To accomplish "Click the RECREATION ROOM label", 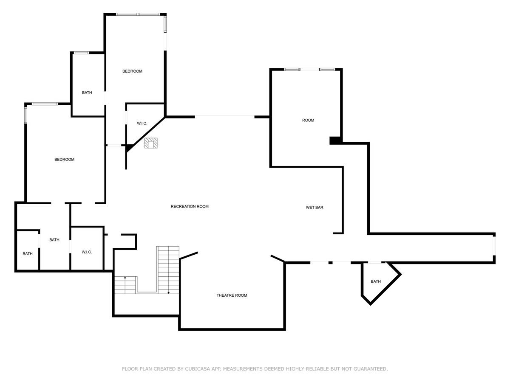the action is pyautogui.click(x=190, y=206).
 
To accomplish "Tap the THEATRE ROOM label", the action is pyautogui.click(x=232, y=295).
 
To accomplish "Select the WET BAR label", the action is pyautogui.click(x=314, y=208).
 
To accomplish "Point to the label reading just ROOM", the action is pyautogui.click(x=308, y=120).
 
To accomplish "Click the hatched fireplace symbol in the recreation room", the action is pyautogui.click(x=151, y=143).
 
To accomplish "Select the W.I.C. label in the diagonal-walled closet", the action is pyautogui.click(x=142, y=124).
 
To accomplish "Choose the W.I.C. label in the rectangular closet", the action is pyautogui.click(x=87, y=252).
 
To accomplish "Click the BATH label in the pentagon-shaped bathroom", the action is pyautogui.click(x=376, y=281).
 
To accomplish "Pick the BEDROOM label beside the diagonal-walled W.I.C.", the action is pyautogui.click(x=132, y=71).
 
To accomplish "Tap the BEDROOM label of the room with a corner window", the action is pyautogui.click(x=64, y=159).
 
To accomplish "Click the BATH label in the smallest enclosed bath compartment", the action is pyautogui.click(x=28, y=254).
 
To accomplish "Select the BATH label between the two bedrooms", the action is pyautogui.click(x=87, y=93).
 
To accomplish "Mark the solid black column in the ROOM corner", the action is pyautogui.click(x=335, y=140).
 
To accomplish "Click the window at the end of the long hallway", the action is pyautogui.click(x=494, y=246).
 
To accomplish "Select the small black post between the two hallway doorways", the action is pyautogui.click(x=330, y=263).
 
